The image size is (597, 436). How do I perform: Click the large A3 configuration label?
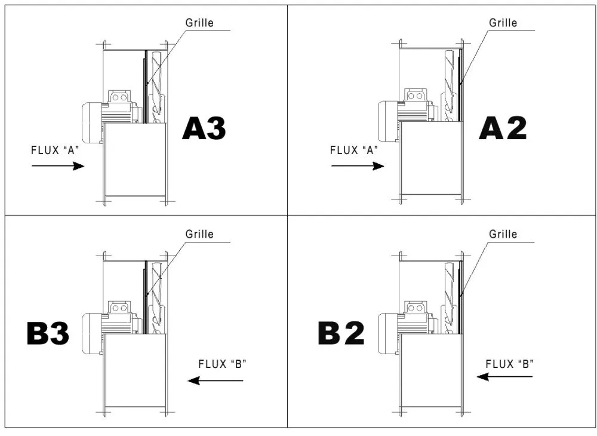tap(204, 128)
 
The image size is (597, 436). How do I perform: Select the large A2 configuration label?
tap(503, 128)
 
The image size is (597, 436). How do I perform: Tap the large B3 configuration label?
tap(48, 334)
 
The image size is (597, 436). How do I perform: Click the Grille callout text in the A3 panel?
tap(199, 23)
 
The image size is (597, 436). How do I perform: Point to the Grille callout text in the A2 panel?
tap(503, 23)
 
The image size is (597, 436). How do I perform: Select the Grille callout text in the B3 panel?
tap(199, 234)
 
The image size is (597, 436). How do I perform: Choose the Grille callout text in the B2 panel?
tap(503, 234)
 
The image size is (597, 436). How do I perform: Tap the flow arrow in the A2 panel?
tap(358, 166)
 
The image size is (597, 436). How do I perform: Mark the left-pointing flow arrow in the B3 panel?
tap(215, 380)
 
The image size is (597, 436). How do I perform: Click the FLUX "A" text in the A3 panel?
tap(55, 151)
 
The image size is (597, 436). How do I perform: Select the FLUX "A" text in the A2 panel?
tap(355, 151)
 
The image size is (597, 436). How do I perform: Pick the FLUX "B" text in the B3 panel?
tap(223, 364)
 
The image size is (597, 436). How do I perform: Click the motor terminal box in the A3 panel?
tap(119, 97)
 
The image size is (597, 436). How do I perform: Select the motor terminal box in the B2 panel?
tap(416, 308)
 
